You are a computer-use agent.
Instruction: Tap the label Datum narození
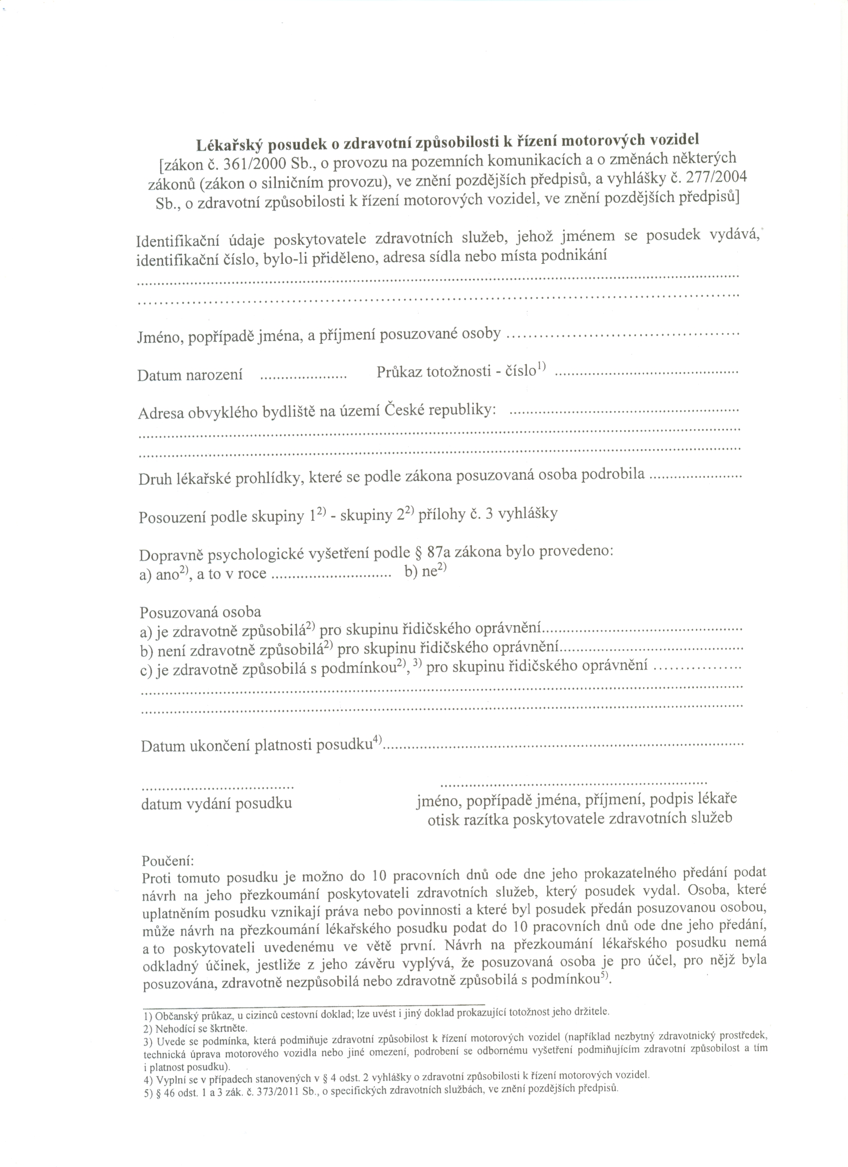[190, 375]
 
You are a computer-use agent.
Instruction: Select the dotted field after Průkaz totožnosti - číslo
[648, 372]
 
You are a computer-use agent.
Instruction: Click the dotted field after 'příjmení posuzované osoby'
[623, 335]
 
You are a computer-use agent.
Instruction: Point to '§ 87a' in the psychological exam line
[435, 554]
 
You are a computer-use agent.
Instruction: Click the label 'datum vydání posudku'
[216, 803]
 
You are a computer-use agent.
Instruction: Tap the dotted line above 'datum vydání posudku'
[217, 788]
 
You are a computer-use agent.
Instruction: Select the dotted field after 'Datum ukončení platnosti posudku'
[564, 745]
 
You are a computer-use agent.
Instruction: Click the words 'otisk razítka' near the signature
[472, 819]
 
